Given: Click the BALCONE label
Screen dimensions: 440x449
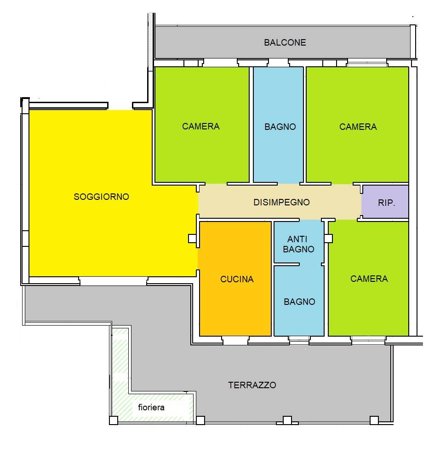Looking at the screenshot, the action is coord(285,43).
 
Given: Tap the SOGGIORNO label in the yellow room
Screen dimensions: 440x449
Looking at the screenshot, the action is coord(102,197).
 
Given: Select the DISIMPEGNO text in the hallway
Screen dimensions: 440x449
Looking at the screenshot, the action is coord(282,203).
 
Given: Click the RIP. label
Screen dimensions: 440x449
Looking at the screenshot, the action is coord(386,203).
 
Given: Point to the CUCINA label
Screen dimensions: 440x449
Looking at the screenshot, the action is coord(237,279).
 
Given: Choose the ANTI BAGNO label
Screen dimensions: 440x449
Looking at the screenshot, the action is coord(298,244).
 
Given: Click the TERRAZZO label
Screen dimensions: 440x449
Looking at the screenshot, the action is coord(252,385).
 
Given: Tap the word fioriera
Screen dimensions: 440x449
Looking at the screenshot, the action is coord(151,407).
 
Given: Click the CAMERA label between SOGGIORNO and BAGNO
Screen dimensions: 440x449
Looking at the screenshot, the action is coord(201,126).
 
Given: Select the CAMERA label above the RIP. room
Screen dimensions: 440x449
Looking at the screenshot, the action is coord(358,127).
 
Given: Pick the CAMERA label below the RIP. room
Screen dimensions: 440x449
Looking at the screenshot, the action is coord(369,279).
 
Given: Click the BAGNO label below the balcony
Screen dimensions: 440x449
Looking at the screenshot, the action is coord(280,127).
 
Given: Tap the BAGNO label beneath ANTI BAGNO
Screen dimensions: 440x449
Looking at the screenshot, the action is coord(299,302).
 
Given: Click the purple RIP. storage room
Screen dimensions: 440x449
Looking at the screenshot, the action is coord(385,202).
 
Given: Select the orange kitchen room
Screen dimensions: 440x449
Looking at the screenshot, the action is coord(235,278).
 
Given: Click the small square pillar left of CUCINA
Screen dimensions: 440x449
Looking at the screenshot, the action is coord(192,239).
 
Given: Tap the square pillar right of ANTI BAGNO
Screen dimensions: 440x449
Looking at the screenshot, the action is coord(328,238).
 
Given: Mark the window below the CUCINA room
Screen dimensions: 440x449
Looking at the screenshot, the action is coord(235,340).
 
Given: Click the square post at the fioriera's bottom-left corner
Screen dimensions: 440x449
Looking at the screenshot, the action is coord(114,420).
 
